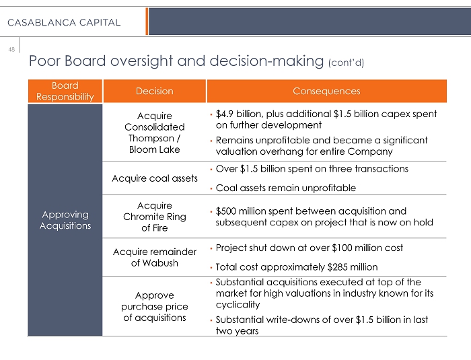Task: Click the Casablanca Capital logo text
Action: [x=64, y=22]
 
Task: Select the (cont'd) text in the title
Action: [x=346, y=63]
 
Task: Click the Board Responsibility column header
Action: [x=65, y=91]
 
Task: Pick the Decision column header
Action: [x=154, y=91]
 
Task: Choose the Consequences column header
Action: [x=326, y=91]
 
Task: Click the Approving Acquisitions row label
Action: [x=65, y=220]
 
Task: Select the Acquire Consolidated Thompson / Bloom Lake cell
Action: [x=154, y=133]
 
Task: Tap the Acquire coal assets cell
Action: [x=154, y=178]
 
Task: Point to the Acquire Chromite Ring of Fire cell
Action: [x=154, y=217]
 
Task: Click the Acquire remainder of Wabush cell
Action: [x=154, y=257]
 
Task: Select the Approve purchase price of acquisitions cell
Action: [x=154, y=306]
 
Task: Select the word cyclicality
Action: [x=238, y=304]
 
